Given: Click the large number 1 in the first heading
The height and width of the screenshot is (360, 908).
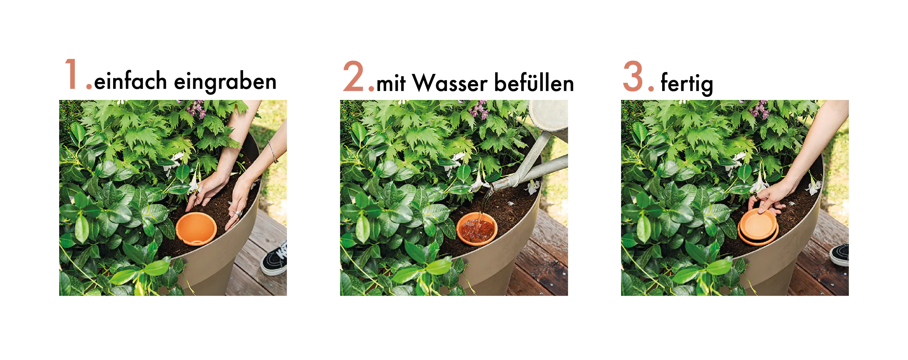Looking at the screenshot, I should pos(71,75).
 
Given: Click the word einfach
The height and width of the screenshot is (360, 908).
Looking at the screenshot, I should pos(130,81).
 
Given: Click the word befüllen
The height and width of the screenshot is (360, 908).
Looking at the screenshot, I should pos(534,83).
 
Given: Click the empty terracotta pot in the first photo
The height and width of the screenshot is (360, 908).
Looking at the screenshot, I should pos(196,228).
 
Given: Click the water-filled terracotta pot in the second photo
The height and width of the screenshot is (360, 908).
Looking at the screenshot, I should pos(477,228).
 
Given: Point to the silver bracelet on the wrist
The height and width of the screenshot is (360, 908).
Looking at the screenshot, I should pos(272,151).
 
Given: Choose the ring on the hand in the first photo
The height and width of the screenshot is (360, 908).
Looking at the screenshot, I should pos(238,214).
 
